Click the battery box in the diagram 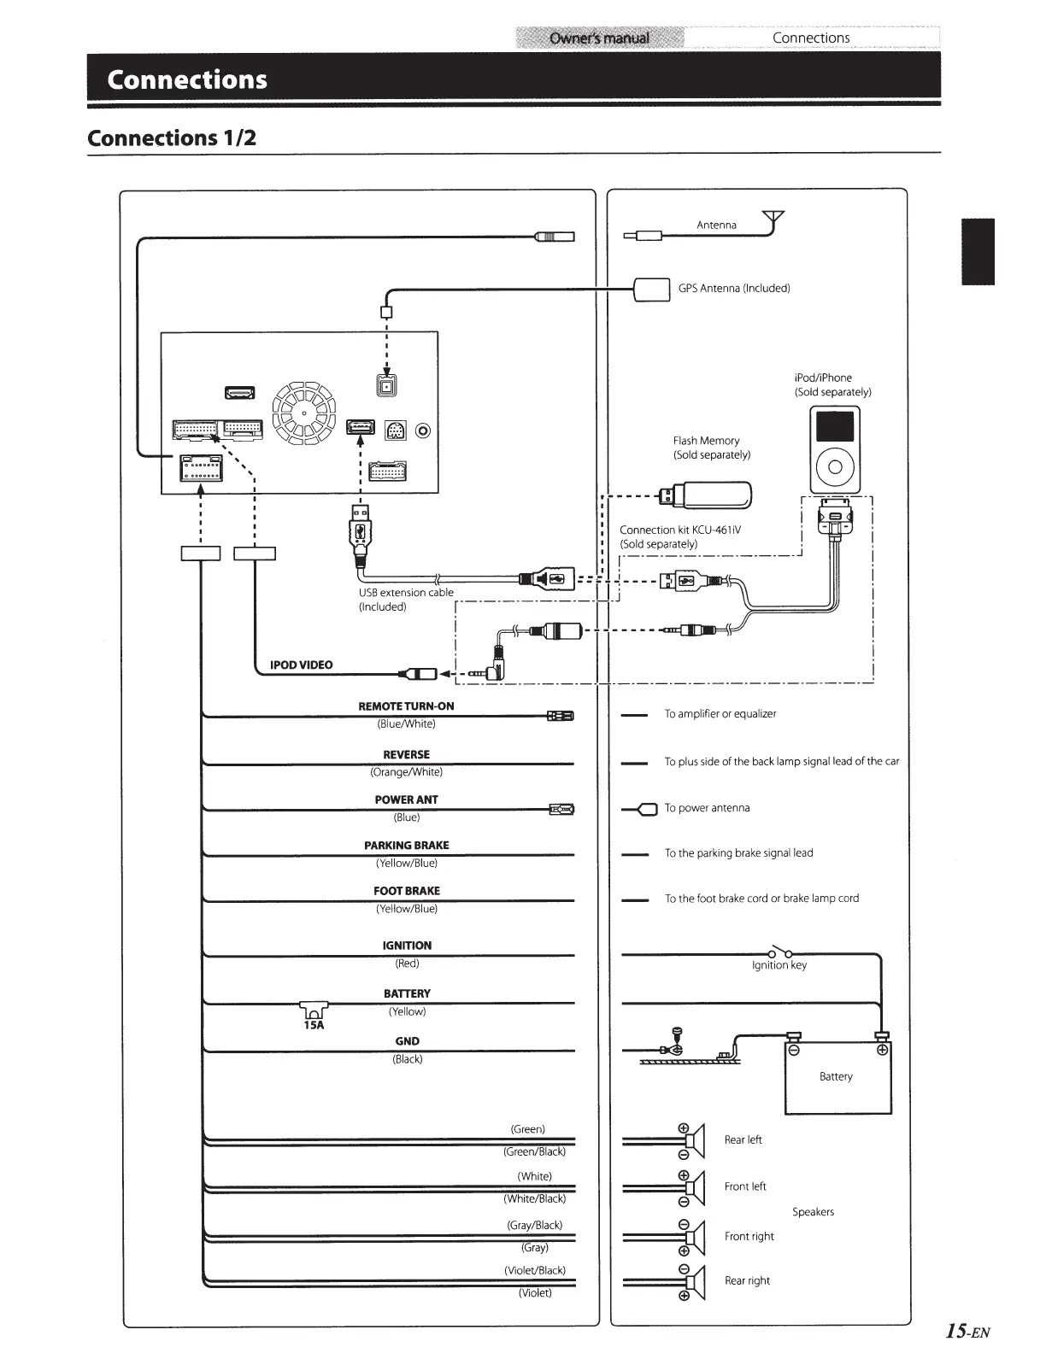(837, 1075)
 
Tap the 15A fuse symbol (314, 1012)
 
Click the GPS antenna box (652, 289)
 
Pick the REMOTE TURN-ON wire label (406, 706)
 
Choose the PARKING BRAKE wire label (406, 846)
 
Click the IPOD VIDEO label (301, 665)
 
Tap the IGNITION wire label (407, 946)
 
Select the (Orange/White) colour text (406, 772)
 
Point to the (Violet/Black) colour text (535, 1270)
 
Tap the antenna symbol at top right (774, 220)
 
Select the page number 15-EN (967, 1330)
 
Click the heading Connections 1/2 (172, 138)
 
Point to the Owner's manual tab (599, 38)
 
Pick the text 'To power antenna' (707, 808)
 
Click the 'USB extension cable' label (406, 593)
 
